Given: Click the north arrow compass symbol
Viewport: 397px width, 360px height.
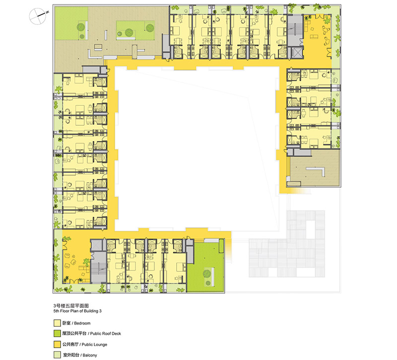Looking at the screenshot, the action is point(38,16).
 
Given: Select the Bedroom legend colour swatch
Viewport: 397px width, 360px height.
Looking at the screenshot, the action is point(57,323).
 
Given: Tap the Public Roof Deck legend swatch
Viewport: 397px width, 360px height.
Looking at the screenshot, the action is point(57,333).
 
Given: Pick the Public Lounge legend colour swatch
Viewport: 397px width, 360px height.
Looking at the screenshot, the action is point(57,344).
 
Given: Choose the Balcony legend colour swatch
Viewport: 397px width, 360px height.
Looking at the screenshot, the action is point(57,355).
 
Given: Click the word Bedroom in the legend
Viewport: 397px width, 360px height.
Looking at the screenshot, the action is point(82,323).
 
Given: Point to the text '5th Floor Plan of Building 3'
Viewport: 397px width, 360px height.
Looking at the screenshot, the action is point(77,311).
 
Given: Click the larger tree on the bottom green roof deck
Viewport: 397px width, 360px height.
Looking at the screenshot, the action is point(207,274).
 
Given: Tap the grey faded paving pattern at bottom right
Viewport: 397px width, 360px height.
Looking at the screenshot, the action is point(287,244).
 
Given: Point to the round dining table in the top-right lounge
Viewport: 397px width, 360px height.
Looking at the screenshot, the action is point(325,29).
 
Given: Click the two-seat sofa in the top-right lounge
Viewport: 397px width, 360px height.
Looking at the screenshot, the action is point(314,37).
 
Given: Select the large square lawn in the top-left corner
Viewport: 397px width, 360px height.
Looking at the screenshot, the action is point(71,23).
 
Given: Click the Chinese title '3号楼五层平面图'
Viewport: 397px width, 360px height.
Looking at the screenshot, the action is point(71,306).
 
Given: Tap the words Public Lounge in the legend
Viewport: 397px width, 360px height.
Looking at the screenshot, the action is point(94,345).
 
